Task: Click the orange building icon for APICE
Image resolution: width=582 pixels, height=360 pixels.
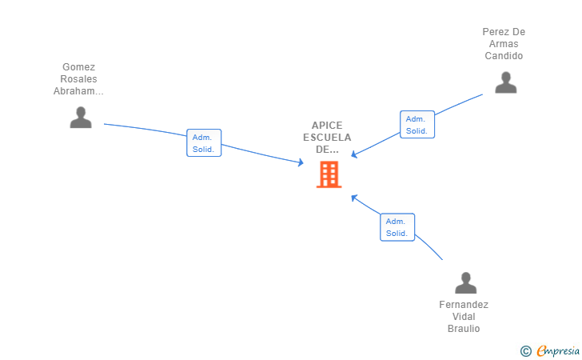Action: point(329,174)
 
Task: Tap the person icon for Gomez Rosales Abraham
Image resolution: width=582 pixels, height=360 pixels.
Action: point(80,118)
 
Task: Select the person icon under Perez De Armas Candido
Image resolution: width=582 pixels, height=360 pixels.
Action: point(505,82)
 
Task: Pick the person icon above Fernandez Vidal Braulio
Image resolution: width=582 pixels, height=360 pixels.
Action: point(465,283)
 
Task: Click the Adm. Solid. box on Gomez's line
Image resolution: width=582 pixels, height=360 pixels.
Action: point(204,143)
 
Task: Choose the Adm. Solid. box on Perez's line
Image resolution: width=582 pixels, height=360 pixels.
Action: point(417,124)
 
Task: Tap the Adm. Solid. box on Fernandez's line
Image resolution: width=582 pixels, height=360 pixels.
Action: point(397,227)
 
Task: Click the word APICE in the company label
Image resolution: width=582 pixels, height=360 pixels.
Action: point(327,126)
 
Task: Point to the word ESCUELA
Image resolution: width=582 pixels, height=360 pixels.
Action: point(327,138)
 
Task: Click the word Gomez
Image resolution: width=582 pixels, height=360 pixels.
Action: point(78,67)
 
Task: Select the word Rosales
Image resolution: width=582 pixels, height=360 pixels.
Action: point(78,79)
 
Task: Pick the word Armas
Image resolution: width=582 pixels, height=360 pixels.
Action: point(504,44)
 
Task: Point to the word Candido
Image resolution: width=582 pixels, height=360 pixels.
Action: point(504,56)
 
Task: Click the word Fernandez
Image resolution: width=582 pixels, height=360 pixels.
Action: point(464,305)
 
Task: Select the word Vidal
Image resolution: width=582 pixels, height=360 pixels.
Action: point(464,317)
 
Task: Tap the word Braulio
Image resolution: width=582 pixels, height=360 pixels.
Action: point(464,329)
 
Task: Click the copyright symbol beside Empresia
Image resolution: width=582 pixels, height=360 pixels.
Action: point(525,350)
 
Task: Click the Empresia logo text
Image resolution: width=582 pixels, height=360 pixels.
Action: point(558,350)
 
